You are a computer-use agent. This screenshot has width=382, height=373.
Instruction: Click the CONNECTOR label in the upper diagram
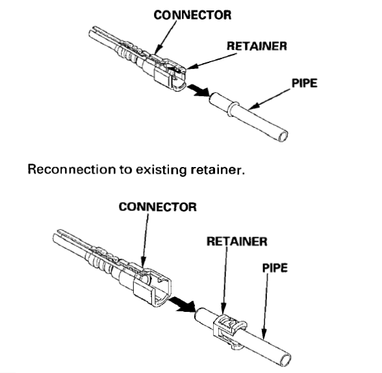[x=192, y=15]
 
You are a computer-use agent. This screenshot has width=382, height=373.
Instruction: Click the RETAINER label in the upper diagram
[x=257, y=46]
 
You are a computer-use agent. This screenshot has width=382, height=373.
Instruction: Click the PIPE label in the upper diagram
[x=305, y=83]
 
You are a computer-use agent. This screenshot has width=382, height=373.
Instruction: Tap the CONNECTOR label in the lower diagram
[x=158, y=207]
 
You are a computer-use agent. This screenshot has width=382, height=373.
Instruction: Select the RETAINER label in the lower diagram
[x=236, y=242]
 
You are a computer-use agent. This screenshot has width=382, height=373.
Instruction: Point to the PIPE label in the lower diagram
[x=275, y=268]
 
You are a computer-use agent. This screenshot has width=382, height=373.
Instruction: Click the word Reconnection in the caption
[x=71, y=170]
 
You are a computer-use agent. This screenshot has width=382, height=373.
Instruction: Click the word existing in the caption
[x=160, y=170]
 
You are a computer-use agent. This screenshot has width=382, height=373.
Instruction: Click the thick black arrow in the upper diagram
[x=199, y=90]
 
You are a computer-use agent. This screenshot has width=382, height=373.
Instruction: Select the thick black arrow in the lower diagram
[x=183, y=304]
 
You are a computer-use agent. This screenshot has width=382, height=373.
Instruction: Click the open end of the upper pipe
[x=283, y=136]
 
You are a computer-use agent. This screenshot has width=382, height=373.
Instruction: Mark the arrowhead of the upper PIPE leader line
[x=253, y=107]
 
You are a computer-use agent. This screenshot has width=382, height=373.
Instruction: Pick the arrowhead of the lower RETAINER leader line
[x=223, y=311]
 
